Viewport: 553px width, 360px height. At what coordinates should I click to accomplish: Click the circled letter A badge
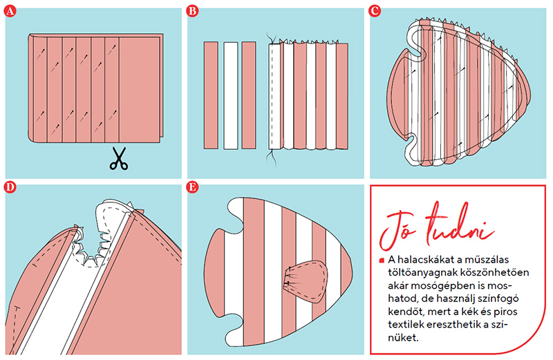point(10,11)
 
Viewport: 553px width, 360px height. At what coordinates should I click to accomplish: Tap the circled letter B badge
point(192,11)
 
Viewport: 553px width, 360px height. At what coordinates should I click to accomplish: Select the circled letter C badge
point(375,11)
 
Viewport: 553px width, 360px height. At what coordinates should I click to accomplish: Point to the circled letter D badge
point(10,187)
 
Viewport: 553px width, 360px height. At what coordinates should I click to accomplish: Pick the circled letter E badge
point(192,187)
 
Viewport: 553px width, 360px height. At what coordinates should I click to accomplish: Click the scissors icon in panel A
point(119,159)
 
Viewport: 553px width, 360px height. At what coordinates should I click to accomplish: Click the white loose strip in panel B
point(231,95)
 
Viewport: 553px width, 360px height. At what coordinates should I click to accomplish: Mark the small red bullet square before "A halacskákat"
point(382,260)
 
